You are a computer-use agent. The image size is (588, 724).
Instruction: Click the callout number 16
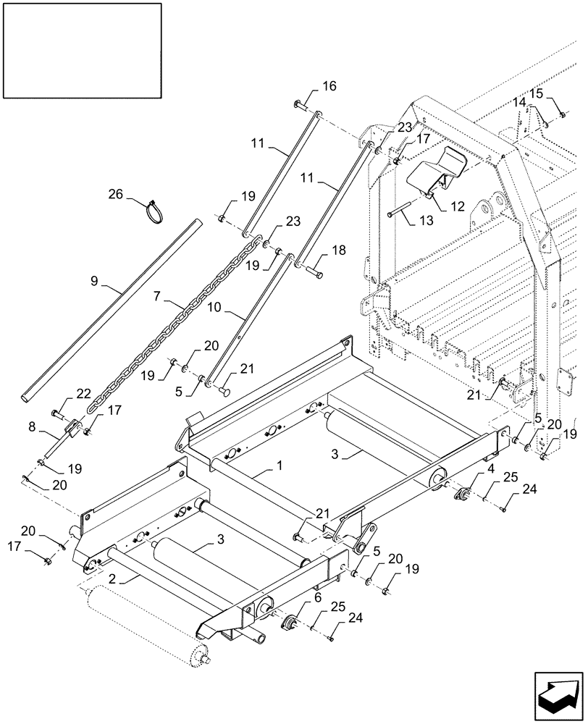329,86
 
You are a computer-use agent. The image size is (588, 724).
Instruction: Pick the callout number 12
458,206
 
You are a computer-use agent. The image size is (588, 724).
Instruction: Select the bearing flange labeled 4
461,494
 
